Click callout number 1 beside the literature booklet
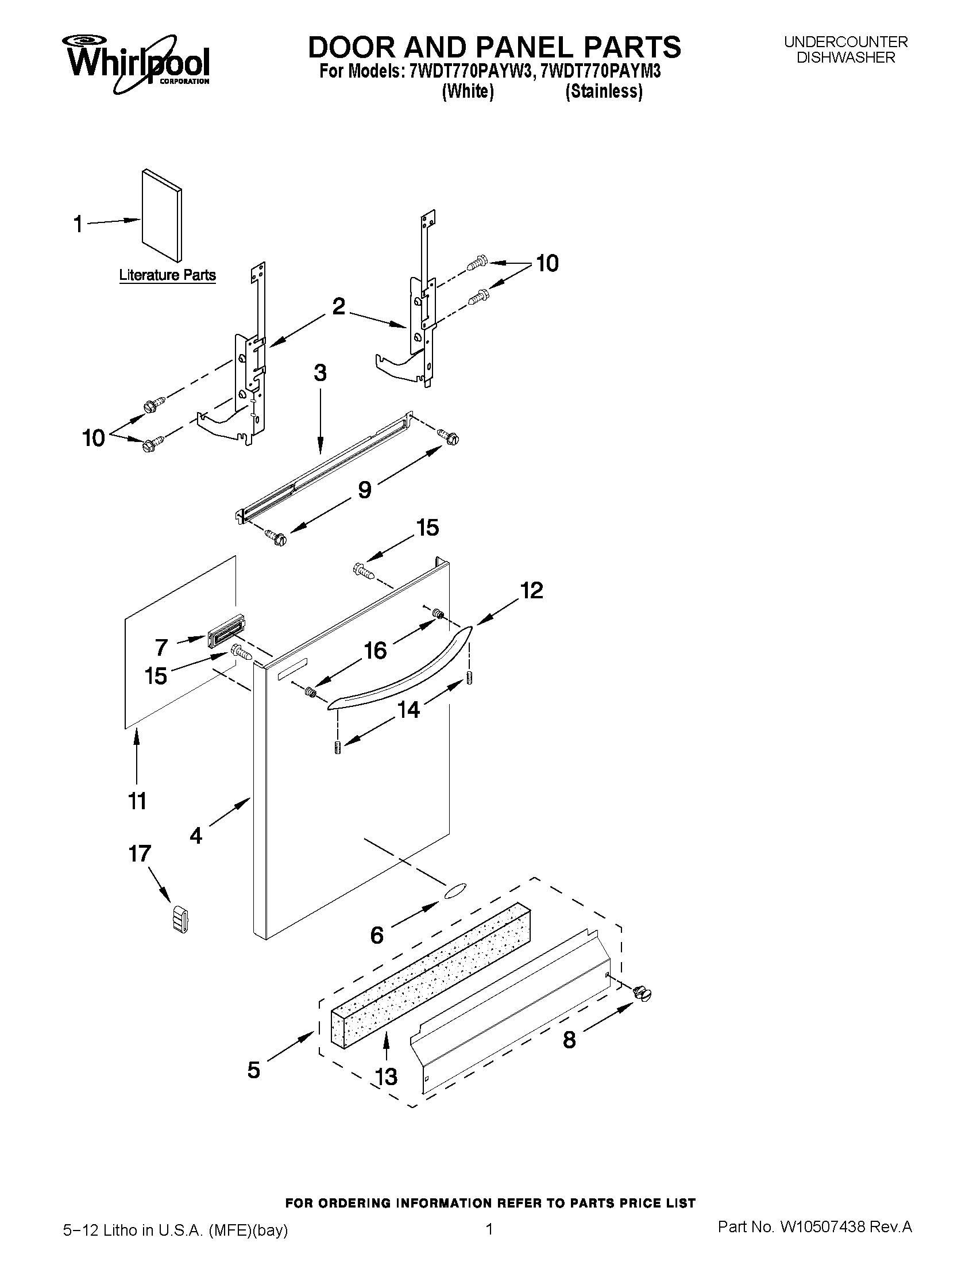click(78, 224)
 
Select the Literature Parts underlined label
click(167, 275)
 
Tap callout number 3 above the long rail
click(320, 373)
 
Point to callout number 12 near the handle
click(531, 590)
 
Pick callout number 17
click(140, 853)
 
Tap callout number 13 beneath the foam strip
click(386, 1076)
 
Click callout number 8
click(570, 1040)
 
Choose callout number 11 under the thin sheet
click(137, 801)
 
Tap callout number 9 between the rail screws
click(365, 490)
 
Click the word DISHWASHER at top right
click(845, 57)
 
